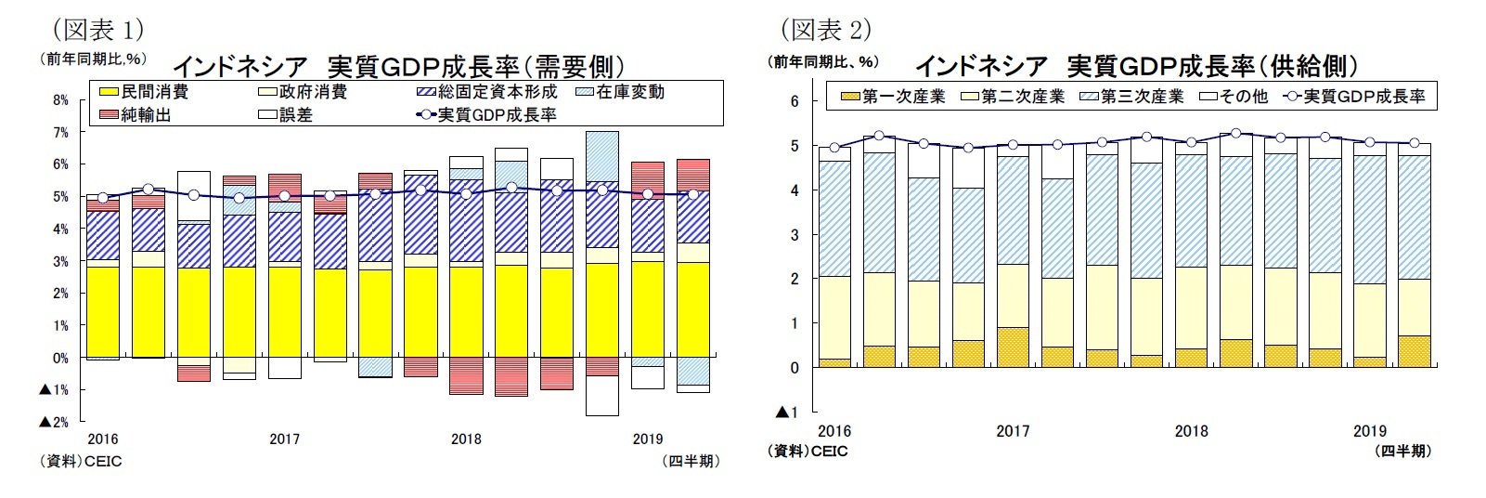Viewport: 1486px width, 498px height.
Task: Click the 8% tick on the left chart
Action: [60, 100]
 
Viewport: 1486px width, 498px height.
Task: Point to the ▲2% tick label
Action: [55, 422]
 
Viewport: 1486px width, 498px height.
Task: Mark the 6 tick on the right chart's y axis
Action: [794, 101]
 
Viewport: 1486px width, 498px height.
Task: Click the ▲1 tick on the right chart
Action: [787, 412]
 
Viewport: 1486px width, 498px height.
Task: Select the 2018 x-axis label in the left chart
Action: [466, 439]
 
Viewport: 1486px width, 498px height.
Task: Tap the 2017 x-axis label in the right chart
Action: [1013, 431]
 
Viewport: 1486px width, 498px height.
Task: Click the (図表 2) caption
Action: [824, 30]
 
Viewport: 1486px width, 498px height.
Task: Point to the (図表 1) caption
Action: [97, 30]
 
